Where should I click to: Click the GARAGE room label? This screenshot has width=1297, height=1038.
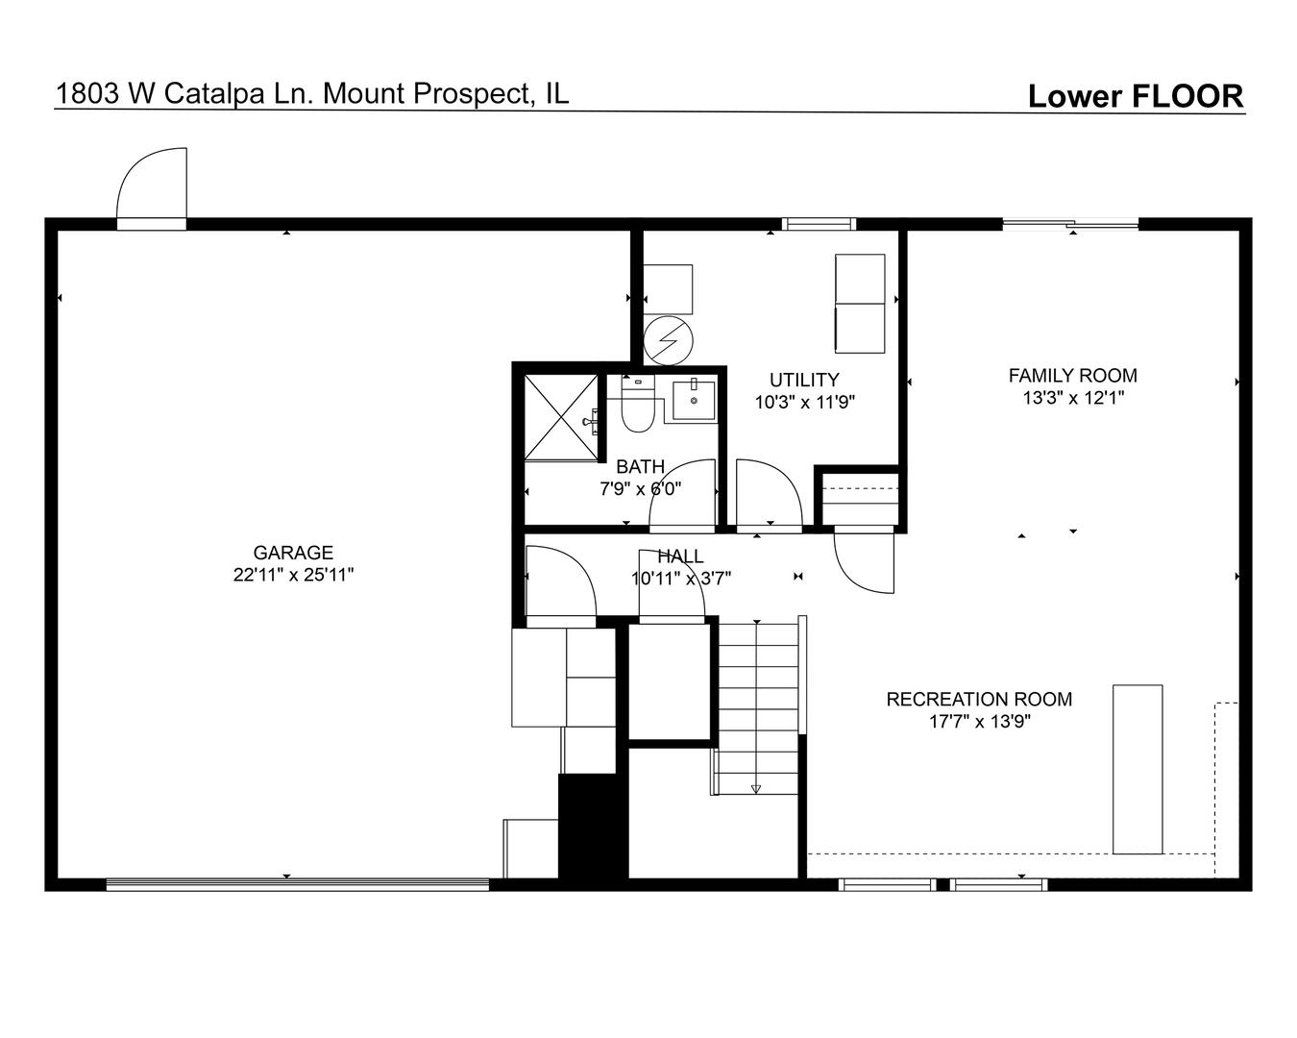coord(293,553)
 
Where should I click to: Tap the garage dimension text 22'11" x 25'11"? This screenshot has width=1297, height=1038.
coord(293,575)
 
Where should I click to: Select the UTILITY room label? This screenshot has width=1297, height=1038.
coord(804,380)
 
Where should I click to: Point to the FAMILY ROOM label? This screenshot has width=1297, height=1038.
coord(1072,376)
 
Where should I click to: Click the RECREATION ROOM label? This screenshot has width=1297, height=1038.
coord(979,700)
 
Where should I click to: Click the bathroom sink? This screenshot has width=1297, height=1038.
coord(693,400)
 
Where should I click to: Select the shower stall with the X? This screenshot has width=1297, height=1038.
coord(562,416)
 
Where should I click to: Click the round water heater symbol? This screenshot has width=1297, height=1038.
coord(667,339)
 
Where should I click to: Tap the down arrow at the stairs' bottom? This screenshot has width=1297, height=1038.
coord(756,789)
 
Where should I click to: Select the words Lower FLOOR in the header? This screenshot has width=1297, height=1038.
coord(1135,96)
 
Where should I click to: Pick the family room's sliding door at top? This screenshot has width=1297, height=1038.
coord(1070,225)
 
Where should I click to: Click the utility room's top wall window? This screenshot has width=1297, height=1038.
coord(819,224)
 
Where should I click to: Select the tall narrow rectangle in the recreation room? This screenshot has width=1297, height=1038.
coord(1138,769)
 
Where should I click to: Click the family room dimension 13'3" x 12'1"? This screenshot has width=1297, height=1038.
coord(1072,398)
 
